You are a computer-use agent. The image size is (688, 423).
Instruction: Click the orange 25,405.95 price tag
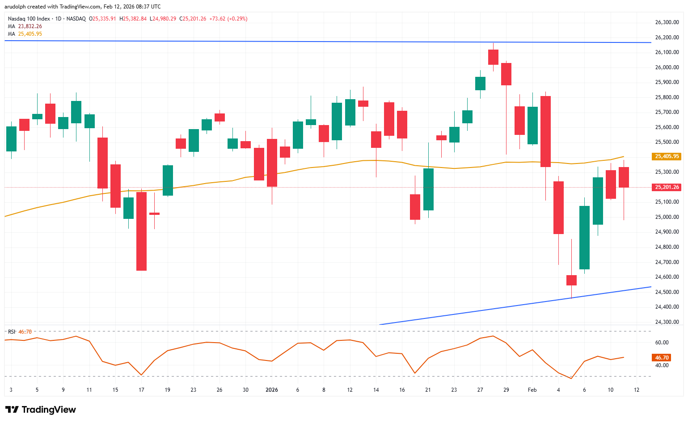point(667,156)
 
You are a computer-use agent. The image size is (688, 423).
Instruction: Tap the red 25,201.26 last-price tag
point(667,187)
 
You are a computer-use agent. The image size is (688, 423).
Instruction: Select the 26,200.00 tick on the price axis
point(667,38)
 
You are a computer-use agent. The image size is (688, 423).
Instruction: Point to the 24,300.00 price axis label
point(667,322)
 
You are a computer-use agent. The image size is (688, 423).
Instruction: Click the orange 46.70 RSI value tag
point(662,358)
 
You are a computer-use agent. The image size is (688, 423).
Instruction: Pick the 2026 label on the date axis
point(271,390)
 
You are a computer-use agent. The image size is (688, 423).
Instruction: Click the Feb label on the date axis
point(532,390)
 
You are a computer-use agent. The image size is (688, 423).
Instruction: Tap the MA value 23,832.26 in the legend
point(30,26)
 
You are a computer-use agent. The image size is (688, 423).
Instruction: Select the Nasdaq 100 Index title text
point(29,19)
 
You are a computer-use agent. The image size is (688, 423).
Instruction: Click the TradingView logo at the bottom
point(41,410)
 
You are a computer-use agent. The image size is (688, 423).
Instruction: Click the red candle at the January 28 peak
point(493,57)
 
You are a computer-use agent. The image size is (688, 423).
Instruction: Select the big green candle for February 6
point(584,238)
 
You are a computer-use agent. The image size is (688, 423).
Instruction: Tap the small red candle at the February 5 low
point(571,280)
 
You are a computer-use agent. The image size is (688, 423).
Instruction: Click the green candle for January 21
point(428,189)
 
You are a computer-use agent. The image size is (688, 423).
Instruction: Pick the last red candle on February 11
point(624,177)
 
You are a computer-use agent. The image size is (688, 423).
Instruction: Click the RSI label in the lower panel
point(12,332)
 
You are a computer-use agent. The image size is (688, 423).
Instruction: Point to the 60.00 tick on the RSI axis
point(662,343)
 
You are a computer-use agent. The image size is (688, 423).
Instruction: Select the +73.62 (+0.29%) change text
point(228,19)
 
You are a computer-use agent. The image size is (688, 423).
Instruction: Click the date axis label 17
point(141,390)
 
